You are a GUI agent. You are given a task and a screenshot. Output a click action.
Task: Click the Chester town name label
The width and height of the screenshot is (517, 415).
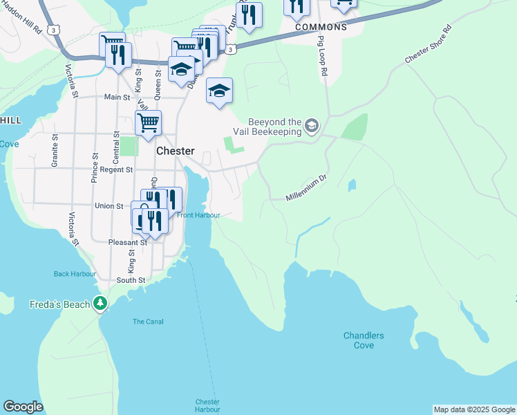coord(175,151)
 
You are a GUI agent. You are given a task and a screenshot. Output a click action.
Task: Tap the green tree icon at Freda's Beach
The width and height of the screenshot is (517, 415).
coord(101,303)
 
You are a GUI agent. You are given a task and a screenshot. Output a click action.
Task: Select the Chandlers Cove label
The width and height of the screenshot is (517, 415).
coord(364,340)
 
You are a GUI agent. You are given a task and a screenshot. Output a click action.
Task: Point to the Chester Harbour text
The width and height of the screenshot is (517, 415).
coord(207,406)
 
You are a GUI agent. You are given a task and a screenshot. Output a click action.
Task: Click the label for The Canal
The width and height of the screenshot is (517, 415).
coord(148,322)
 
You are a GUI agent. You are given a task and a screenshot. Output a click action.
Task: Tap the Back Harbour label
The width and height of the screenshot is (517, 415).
coord(71,274)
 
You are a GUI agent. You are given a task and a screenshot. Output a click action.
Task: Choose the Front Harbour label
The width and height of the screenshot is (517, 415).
coord(198,215)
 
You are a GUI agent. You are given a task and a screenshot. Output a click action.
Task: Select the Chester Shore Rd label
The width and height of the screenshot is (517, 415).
coord(428,46)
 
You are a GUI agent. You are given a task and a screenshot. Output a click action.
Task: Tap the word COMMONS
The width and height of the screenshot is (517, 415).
coord(320,27)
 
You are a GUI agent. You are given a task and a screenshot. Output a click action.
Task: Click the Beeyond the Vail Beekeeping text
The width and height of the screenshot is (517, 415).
coord(274,127)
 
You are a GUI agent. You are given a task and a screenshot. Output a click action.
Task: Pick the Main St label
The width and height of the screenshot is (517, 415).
coord(117,98)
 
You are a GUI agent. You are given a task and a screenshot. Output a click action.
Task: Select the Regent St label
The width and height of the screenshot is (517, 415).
coord(116,169)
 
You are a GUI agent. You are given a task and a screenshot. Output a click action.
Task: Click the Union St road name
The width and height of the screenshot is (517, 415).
coord(109,206)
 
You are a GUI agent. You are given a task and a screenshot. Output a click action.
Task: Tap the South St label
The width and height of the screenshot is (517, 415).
coord(131,280)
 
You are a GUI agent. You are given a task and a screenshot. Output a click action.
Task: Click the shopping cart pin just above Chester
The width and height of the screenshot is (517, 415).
coord(148,124)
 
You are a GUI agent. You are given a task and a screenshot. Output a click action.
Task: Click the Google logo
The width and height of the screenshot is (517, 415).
coord(23,407)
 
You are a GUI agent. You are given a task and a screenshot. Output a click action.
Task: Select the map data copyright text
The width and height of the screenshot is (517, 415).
coord(473,409)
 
